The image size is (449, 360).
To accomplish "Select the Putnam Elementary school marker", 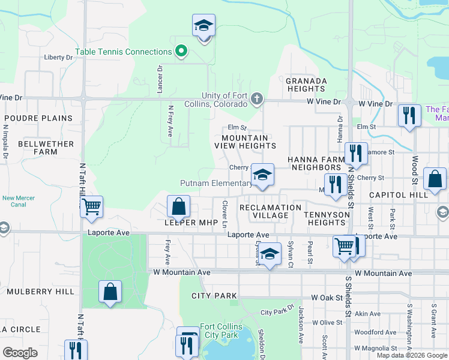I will pos(262,176).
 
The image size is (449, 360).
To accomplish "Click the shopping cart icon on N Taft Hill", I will pos(91,208).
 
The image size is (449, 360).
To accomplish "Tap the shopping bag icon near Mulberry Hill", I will pos(110,292).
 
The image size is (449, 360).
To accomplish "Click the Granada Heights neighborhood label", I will pos(306,85).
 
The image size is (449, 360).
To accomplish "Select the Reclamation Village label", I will pos(270,211).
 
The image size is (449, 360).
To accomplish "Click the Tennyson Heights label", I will pos(327,218).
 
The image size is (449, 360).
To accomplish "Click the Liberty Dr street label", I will pos(58,57).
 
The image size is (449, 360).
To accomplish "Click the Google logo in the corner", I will pos(20,353).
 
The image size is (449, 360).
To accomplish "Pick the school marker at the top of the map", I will pos(204,26).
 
